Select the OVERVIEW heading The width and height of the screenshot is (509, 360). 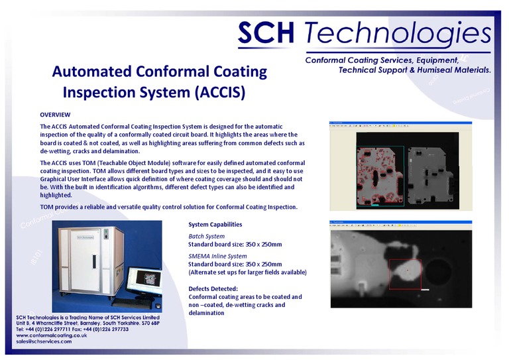[x=55, y=115]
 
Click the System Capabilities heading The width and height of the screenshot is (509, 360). [x=215, y=224]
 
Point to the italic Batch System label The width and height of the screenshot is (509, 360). [x=207, y=236]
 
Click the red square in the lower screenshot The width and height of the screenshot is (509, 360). [x=405, y=274]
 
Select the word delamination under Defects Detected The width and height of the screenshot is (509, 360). [x=207, y=313]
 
